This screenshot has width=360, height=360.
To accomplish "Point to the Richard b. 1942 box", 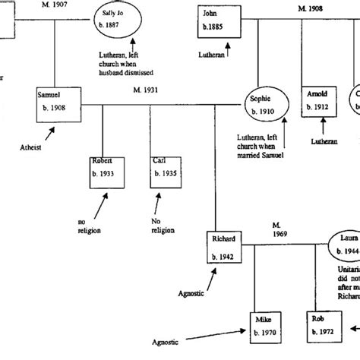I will tap(228, 248).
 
